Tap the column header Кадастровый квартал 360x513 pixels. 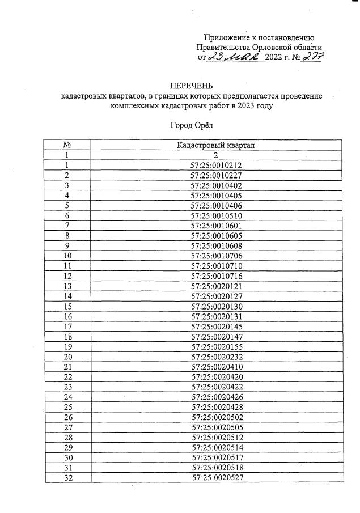click(216, 146)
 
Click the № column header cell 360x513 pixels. click(67, 146)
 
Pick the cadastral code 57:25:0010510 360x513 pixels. click(216, 216)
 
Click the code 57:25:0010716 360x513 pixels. click(216, 276)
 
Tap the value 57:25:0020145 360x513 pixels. click(216, 327)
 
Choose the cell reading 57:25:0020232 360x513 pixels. click(216, 357)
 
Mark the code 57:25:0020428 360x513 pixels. click(216, 407)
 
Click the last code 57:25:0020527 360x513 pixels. click(216, 477)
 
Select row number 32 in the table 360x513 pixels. click(67, 477)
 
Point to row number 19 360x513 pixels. click(67, 346)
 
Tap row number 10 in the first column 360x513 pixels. click(67, 256)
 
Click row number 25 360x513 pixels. click(67, 407)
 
